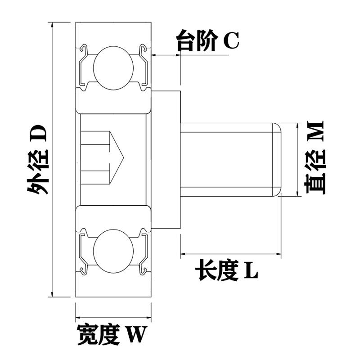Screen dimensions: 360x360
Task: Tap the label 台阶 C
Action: (x=207, y=41)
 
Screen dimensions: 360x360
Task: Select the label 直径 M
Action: (x=315, y=157)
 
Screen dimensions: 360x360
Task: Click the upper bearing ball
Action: (x=113, y=66)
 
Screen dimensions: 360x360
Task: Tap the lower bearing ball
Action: (x=113, y=250)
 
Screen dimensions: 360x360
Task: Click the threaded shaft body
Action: (x=229, y=159)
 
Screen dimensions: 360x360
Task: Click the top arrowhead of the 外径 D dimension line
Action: (x=53, y=25)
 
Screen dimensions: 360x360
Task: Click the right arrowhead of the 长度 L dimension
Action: (x=279, y=255)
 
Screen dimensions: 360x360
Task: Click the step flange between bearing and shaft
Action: (x=166, y=159)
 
